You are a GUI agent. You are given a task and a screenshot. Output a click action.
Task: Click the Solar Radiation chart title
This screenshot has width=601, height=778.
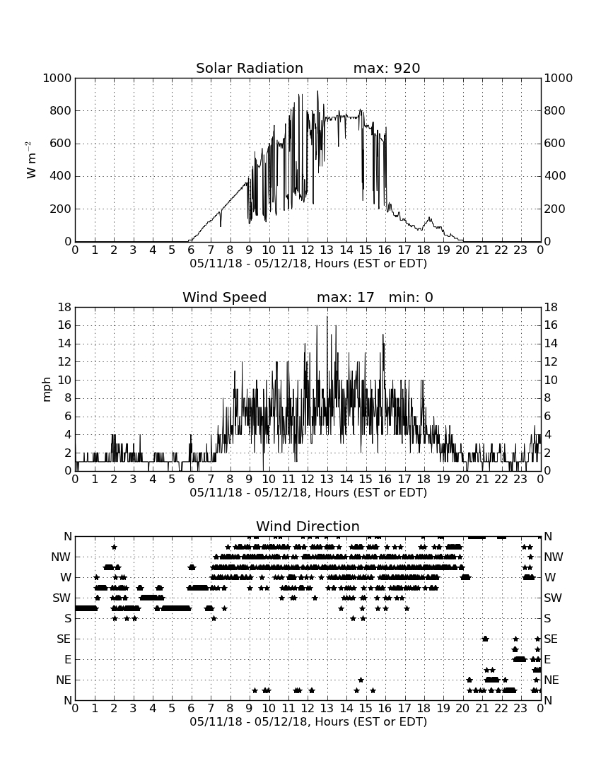(250, 68)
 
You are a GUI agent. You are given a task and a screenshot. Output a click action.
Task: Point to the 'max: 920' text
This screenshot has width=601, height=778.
(387, 68)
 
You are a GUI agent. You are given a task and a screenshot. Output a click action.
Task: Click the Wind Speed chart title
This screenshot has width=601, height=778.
(225, 297)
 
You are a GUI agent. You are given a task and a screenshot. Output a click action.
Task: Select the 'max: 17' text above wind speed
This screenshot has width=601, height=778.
(346, 297)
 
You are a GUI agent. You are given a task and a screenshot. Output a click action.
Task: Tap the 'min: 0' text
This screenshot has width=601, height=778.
(411, 297)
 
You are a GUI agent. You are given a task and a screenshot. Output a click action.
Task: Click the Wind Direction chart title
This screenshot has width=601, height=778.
(308, 526)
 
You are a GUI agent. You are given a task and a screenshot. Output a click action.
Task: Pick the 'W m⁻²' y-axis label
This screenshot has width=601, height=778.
(31, 160)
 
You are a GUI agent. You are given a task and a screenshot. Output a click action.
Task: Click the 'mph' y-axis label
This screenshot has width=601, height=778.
(47, 390)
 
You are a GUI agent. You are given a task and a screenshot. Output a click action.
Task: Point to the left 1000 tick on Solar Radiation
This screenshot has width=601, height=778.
(57, 79)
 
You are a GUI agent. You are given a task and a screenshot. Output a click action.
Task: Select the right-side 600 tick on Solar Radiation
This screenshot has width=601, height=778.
(554, 144)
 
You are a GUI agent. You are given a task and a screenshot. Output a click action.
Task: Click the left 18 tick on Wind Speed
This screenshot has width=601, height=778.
(65, 308)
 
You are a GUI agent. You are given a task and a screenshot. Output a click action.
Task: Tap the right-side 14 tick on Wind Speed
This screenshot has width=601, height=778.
(551, 344)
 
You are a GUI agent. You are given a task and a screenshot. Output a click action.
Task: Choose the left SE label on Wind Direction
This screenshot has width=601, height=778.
(64, 639)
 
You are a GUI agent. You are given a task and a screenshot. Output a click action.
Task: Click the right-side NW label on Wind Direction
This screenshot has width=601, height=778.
(554, 557)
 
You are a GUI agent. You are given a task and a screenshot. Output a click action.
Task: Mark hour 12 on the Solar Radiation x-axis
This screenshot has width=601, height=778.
(308, 250)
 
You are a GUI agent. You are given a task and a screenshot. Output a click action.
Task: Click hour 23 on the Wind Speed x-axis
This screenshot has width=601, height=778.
(520, 480)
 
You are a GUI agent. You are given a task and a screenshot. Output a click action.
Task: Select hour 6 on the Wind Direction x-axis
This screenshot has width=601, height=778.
(192, 709)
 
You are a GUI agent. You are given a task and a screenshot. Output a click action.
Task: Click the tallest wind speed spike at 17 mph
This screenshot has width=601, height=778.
(327, 318)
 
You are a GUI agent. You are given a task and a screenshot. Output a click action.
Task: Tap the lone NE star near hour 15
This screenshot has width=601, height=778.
(361, 680)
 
